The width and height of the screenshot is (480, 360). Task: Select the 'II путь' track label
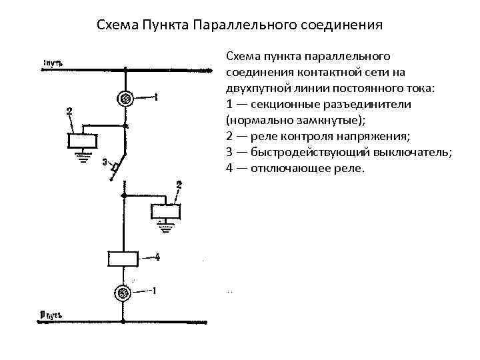point(52,313)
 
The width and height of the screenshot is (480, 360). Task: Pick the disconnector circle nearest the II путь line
point(123,292)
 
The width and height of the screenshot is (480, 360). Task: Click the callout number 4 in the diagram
point(157,257)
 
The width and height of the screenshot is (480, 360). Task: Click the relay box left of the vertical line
point(83,141)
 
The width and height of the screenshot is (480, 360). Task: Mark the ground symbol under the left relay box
point(83,158)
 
